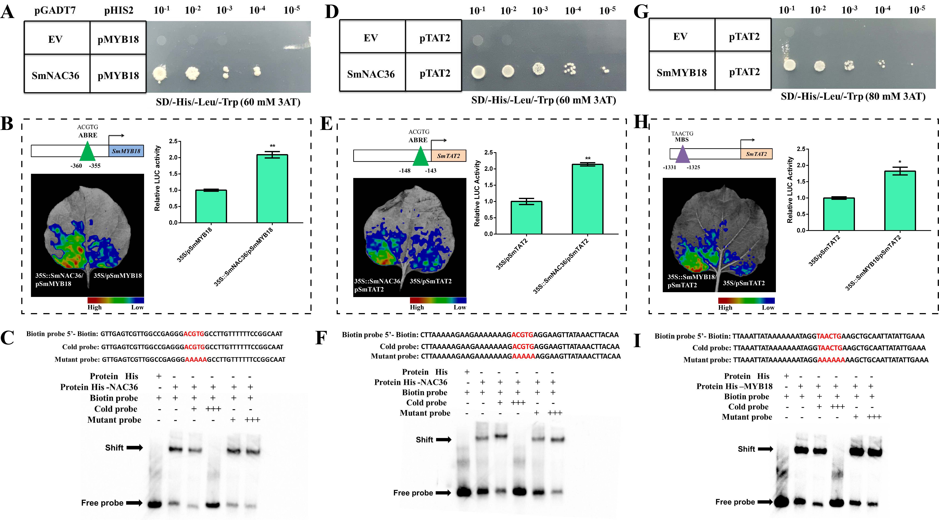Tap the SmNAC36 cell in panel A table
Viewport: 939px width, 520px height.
(x=55, y=75)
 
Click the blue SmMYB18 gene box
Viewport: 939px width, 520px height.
(x=126, y=151)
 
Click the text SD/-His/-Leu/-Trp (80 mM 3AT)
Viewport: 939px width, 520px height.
(x=853, y=97)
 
